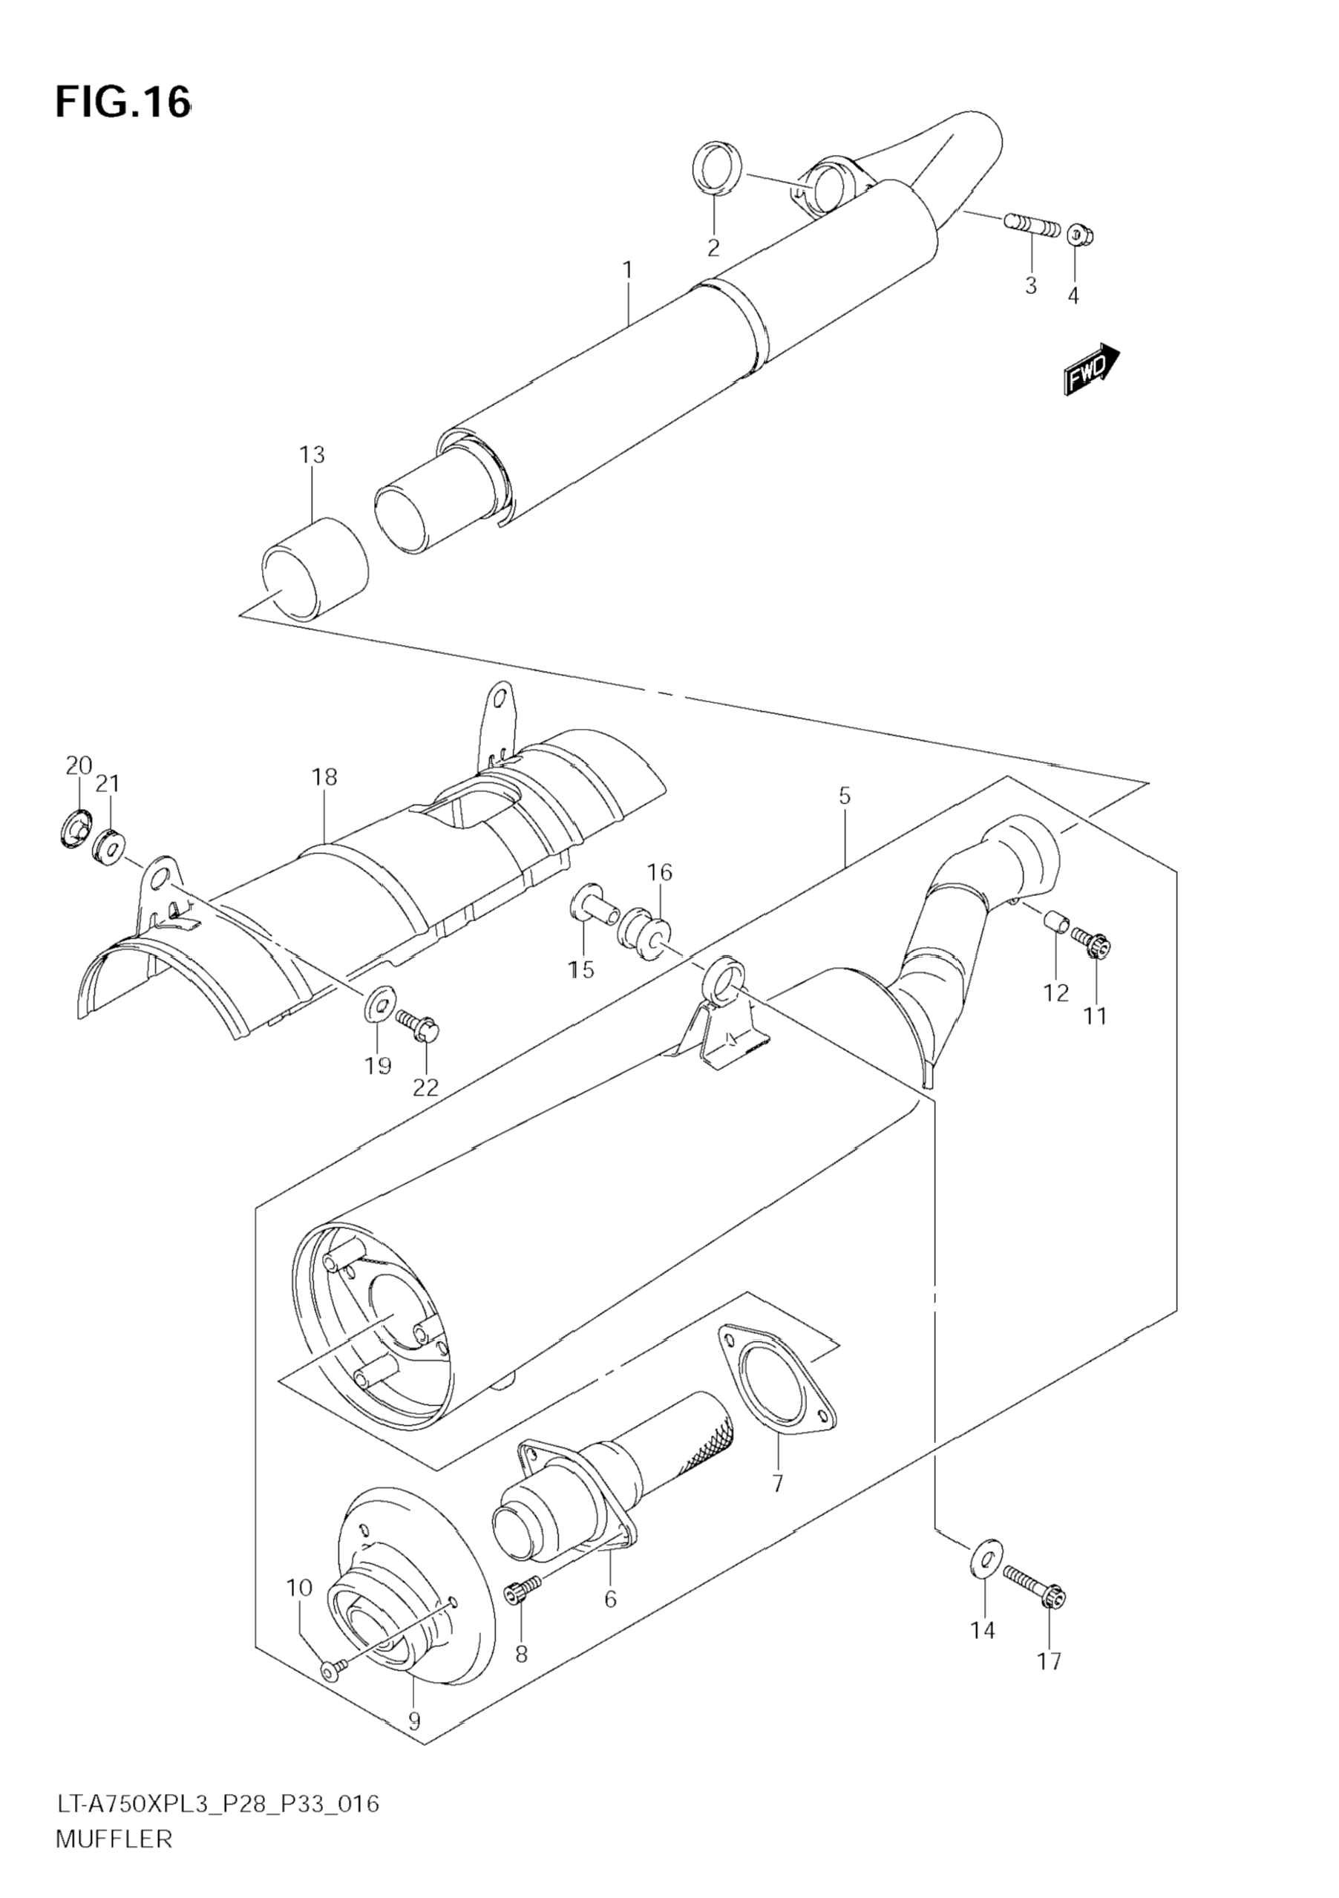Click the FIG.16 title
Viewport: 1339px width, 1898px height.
(x=123, y=102)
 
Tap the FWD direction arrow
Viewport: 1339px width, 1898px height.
(x=1091, y=370)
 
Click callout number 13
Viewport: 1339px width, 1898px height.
(x=312, y=455)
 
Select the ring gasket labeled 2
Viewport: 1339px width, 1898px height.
(x=716, y=170)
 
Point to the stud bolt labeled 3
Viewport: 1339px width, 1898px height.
(x=1032, y=225)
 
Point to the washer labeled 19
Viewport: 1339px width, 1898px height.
(x=378, y=1004)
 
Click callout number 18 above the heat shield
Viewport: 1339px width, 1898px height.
(x=325, y=777)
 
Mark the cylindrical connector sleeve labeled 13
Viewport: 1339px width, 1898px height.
(x=314, y=568)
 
